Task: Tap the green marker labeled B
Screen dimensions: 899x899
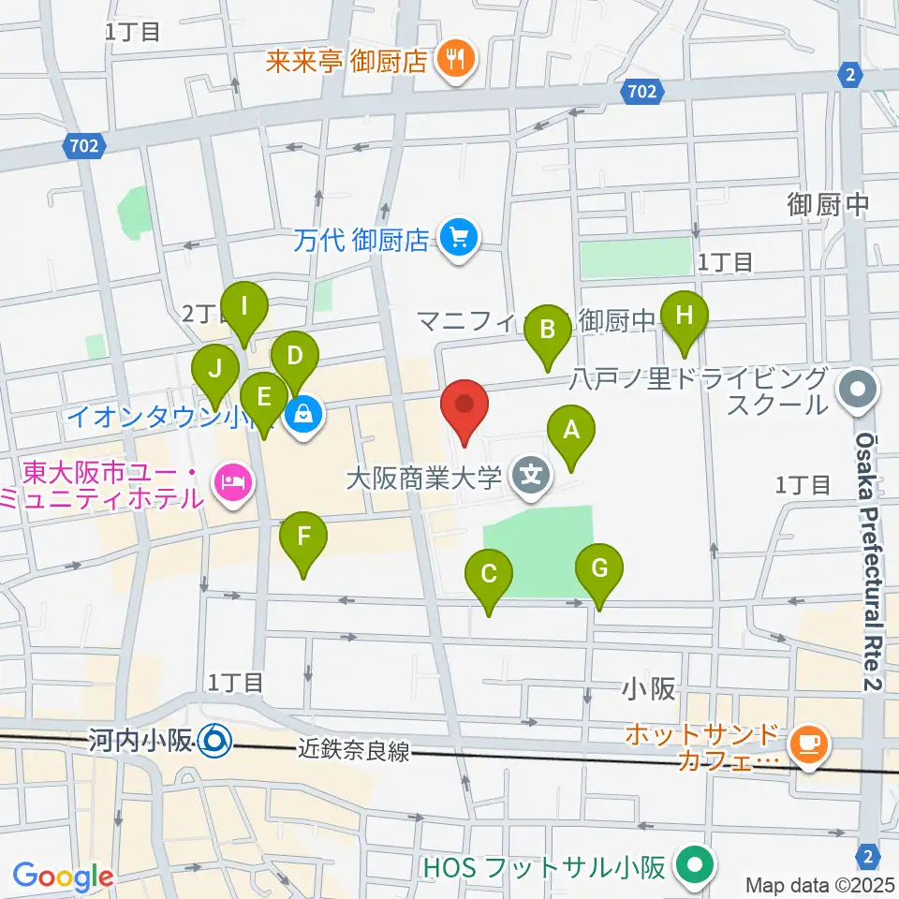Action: [548, 330]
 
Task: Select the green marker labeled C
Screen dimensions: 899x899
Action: [489, 573]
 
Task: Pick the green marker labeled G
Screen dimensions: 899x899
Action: [599, 568]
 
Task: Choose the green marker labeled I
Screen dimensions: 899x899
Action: [245, 306]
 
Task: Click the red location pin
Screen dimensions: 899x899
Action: [465, 405]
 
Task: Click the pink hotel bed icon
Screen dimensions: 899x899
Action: [229, 483]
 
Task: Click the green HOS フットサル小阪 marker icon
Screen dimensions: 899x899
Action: [694, 865]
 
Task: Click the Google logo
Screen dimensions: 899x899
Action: [63, 877]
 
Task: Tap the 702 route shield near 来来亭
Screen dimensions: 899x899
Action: [642, 91]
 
